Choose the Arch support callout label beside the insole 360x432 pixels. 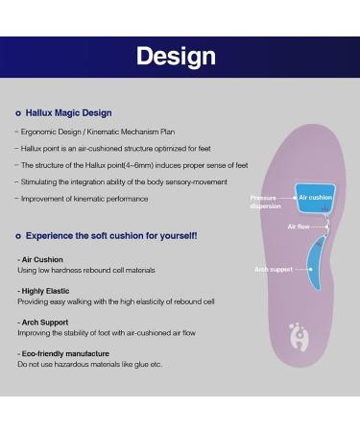click(x=273, y=270)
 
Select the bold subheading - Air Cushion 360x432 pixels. click(x=41, y=260)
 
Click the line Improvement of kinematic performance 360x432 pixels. click(x=83, y=199)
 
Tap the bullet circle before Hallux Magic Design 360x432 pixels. click(x=18, y=112)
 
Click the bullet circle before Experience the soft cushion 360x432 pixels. click(x=18, y=236)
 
